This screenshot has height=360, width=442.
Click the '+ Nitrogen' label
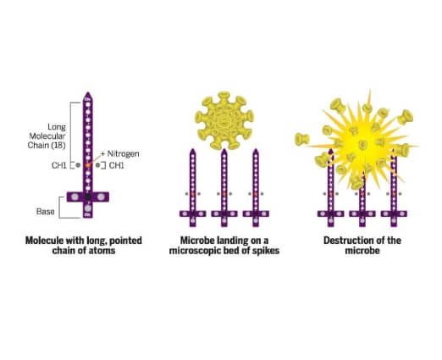tap(120, 154)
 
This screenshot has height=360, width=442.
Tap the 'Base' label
tap(46, 212)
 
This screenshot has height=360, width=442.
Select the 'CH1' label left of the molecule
tap(59, 165)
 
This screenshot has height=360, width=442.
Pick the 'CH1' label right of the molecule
tap(116, 165)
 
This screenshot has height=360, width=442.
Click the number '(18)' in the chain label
tap(58, 146)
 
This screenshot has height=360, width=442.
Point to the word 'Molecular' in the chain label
tap(47, 136)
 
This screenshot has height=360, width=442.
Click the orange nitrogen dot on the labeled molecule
tap(88, 165)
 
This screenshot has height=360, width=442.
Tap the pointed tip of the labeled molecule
tap(88, 92)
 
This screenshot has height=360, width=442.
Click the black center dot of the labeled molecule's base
tap(88, 197)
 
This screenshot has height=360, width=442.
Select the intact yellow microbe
tap(224, 120)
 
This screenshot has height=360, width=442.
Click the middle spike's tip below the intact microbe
tap(224, 149)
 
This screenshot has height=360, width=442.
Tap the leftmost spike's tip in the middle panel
tap(192, 149)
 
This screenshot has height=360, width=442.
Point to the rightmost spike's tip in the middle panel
tap(256, 149)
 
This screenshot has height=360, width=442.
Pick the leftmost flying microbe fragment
tap(302, 139)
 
